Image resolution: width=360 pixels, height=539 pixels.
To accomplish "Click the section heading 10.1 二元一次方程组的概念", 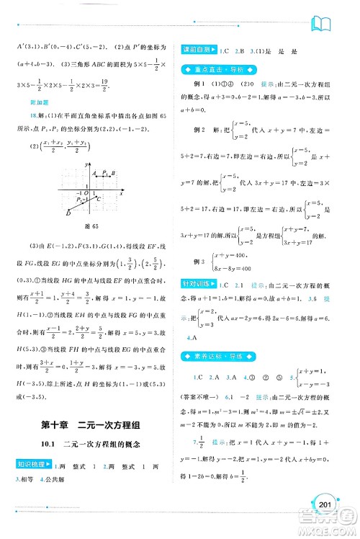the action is click(94, 447).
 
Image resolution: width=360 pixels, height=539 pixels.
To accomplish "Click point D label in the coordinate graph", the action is click(67, 214).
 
